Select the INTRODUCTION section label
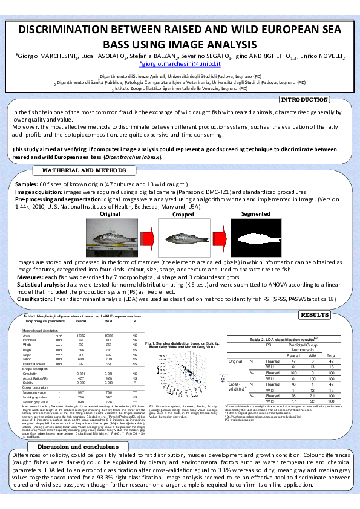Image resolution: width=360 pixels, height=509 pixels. pos(306,100)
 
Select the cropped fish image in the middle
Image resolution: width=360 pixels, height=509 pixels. pos(183,238)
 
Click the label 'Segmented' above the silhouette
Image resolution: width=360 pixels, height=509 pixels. pos(255,214)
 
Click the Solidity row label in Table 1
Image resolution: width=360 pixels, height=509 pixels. pos(46,383)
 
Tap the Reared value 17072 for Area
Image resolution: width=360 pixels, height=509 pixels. pos(80,334)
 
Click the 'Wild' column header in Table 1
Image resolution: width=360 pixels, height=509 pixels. pos(110,320)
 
